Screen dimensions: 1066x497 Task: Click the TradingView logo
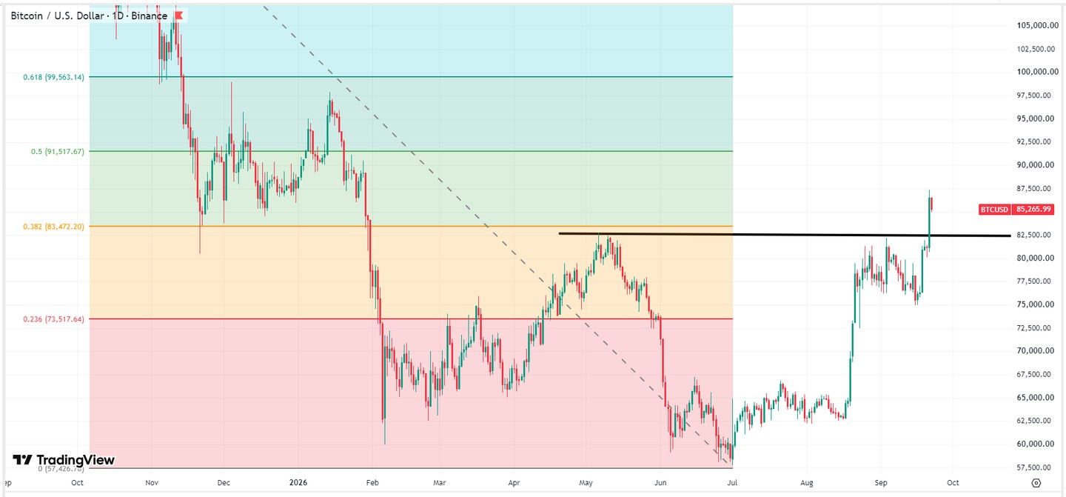(x=64, y=460)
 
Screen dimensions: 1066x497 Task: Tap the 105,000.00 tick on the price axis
(x=1037, y=25)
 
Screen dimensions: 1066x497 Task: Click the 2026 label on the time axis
(x=298, y=482)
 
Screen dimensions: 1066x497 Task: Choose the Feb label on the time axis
(x=372, y=483)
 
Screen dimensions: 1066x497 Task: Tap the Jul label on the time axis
(x=732, y=483)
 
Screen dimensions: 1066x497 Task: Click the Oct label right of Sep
(x=953, y=483)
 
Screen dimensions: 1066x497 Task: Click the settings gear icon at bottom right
(x=1036, y=483)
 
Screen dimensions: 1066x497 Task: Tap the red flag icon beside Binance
(x=179, y=16)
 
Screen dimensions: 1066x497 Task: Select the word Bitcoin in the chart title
(x=27, y=16)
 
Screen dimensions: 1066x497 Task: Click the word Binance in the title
(x=150, y=16)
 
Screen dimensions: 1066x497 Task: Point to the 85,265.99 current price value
(x=1033, y=210)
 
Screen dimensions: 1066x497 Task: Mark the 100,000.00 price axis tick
(x=1037, y=72)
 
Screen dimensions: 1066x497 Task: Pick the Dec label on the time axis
(x=224, y=483)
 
